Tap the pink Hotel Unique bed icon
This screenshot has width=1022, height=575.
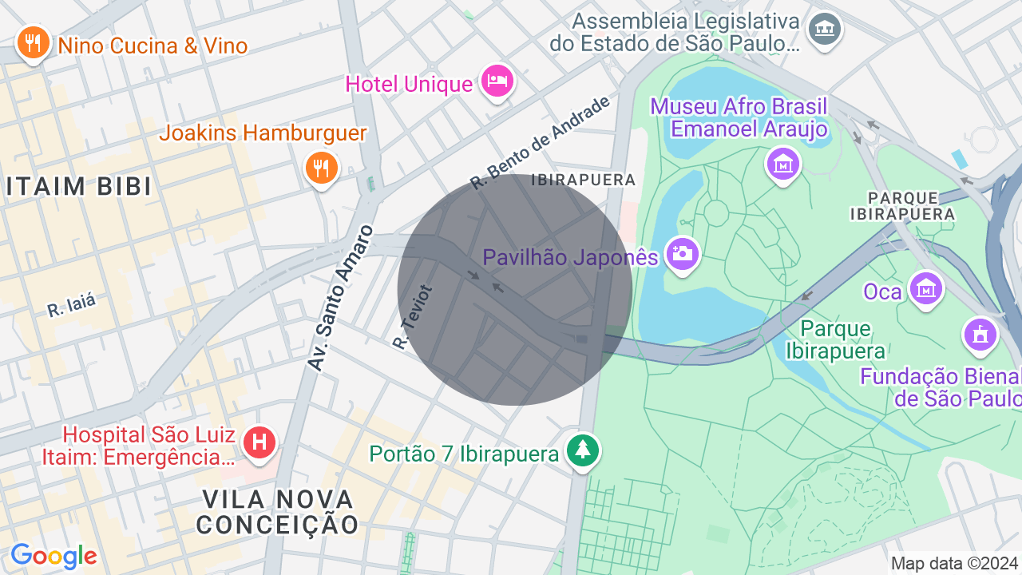point(497,81)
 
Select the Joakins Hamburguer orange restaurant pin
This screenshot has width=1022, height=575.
point(322,168)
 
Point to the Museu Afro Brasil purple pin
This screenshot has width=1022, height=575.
point(782,164)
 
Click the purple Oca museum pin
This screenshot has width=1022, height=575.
point(925,288)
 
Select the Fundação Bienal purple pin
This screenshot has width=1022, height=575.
point(980,333)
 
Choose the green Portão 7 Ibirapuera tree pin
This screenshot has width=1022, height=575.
point(583,450)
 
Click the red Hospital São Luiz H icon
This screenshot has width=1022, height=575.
point(259,442)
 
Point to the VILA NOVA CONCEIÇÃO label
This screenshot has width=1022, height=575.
point(278,512)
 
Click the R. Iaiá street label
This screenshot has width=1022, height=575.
point(71,306)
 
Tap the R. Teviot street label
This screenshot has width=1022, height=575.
point(413,317)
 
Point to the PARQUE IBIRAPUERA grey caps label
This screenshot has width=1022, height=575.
point(902,205)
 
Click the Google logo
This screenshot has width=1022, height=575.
point(53,556)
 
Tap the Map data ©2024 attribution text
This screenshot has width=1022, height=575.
point(954,563)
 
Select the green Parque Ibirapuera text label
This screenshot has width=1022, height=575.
point(835,339)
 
